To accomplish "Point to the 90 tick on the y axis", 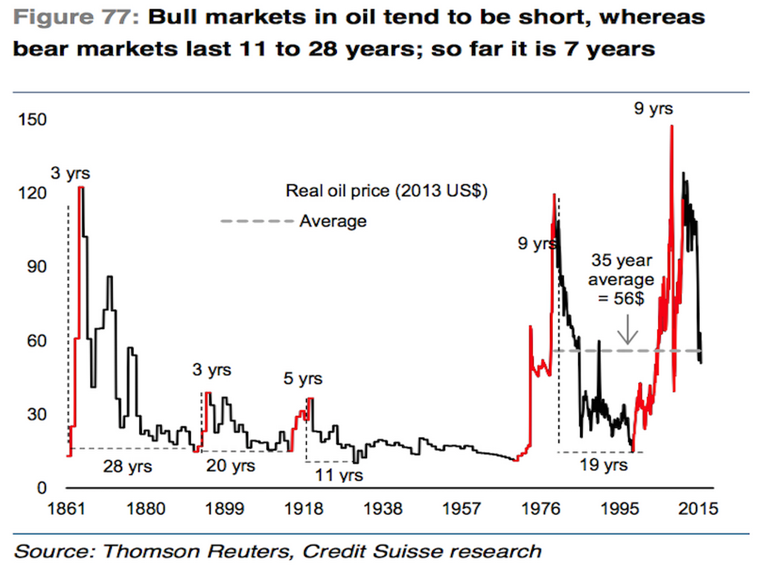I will pos(33,267).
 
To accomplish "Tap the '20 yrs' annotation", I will pos(231,465).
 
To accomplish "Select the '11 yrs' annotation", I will pos(340,475).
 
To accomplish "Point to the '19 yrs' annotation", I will pos(604,465).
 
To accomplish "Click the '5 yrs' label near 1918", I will pos(302,379).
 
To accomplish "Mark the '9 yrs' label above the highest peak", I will pos(653,109).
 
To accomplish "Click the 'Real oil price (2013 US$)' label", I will pos(386,191).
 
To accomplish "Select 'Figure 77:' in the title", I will pos(77,17).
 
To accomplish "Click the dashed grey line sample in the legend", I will pos(257,222).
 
